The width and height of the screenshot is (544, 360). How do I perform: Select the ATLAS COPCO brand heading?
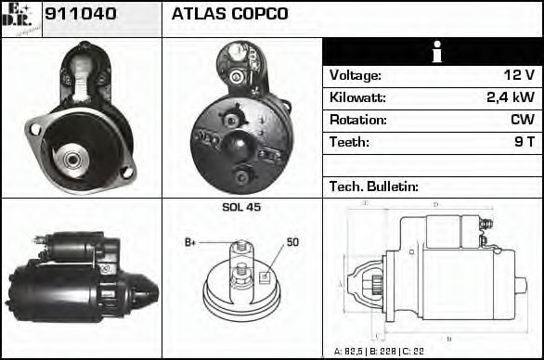230,14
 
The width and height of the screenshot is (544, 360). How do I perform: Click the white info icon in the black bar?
433,52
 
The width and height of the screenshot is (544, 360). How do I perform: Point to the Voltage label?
356,75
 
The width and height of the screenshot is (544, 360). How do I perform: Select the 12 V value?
517,75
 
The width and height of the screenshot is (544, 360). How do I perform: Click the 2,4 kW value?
510,97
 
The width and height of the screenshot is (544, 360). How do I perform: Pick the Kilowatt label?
357,97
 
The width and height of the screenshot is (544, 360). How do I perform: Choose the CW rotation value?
521,120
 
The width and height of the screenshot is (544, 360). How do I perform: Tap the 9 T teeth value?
522,142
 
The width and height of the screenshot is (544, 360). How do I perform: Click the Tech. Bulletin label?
374,186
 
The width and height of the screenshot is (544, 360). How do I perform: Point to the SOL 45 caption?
241,207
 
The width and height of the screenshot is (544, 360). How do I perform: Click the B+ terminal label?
190,242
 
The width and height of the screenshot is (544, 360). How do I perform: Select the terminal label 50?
292,242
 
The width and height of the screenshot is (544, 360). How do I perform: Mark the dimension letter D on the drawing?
435,204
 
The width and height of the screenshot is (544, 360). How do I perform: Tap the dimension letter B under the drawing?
449,339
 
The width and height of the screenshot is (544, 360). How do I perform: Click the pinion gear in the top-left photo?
71,159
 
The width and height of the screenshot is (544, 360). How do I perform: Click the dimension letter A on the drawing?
340,282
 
